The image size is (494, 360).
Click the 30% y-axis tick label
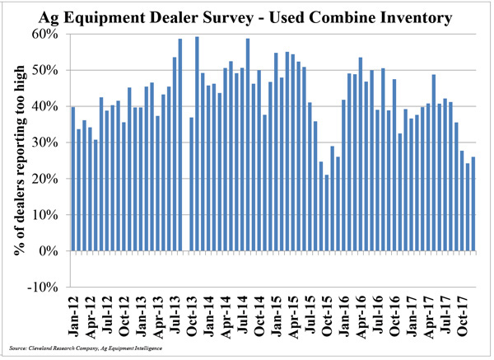(46, 143)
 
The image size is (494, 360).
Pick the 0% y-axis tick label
(49, 251)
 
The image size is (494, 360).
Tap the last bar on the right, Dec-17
(473, 203)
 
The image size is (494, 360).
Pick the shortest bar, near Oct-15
(326, 213)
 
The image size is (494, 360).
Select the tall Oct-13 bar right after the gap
(198, 144)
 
